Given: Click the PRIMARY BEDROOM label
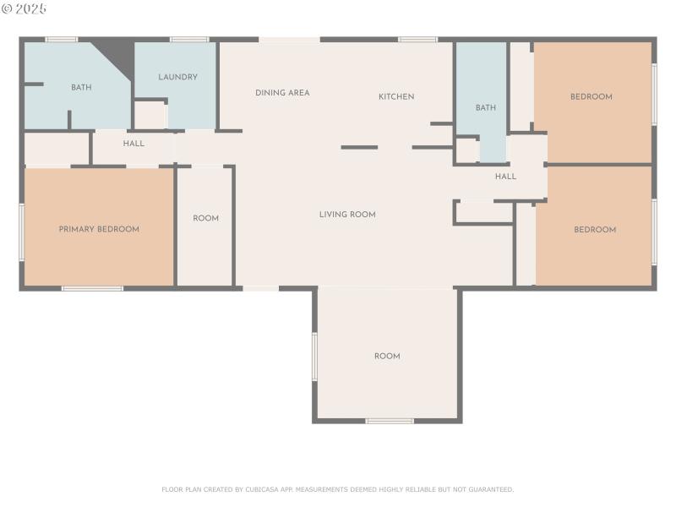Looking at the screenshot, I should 99,229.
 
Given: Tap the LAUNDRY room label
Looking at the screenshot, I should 177,77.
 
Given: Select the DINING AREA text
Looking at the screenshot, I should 282,93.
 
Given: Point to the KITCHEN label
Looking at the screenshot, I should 396,96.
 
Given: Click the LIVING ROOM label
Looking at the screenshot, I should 347,215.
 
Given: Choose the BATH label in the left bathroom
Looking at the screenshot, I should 81,87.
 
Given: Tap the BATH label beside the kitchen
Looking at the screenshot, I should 486,107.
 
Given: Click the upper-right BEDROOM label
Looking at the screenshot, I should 591,96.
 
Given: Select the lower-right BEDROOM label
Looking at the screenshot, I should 595,230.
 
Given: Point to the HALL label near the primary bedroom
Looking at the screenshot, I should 134,144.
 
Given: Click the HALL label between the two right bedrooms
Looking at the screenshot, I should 505,177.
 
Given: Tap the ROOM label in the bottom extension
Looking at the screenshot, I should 387,357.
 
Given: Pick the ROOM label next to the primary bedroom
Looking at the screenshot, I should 205,218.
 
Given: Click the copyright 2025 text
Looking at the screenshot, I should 25,8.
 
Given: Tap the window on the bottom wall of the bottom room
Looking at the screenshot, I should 390,421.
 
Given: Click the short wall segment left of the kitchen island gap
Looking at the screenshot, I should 359,147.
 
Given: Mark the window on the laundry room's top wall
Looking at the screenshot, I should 189,39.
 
